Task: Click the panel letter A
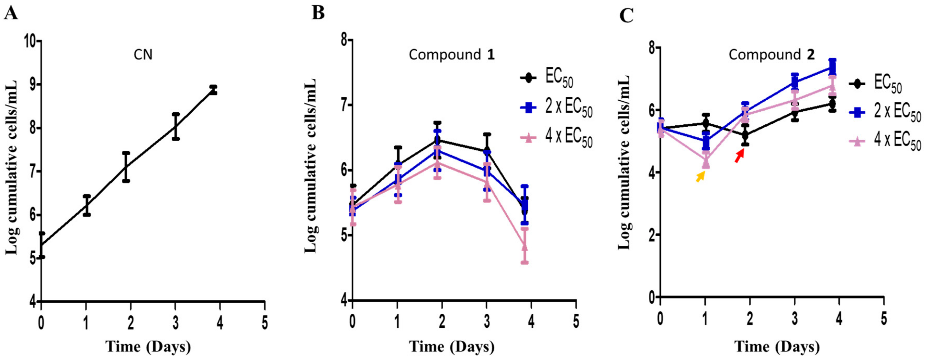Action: click(x=10, y=14)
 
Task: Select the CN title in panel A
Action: click(x=143, y=55)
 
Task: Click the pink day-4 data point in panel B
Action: click(x=524, y=247)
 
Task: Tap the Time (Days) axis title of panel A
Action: click(x=148, y=347)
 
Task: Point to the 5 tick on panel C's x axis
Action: click(x=884, y=319)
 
